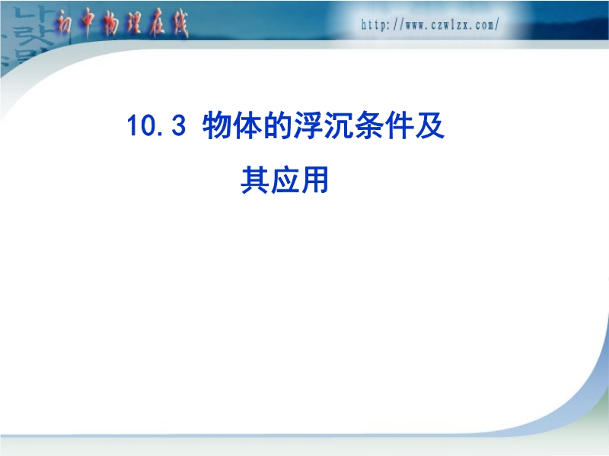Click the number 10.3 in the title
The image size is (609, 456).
(156, 125)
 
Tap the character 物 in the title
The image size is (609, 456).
(217, 125)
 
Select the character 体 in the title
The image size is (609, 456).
(247, 125)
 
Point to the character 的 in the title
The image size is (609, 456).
(277, 125)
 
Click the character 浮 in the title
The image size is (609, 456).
(308, 125)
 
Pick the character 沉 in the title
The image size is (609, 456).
(338, 125)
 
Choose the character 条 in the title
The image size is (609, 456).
(368, 125)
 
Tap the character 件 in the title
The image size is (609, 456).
(399, 125)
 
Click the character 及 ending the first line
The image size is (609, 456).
(429, 125)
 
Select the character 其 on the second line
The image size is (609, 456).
(255, 179)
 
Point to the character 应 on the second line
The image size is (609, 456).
(285, 179)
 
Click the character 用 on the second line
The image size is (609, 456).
(315, 179)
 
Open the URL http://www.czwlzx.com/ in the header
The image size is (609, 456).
(430, 25)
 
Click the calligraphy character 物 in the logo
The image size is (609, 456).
(110, 24)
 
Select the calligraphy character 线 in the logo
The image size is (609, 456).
(180, 24)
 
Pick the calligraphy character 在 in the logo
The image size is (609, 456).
(158, 24)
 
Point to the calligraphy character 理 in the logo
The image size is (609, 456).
(133, 24)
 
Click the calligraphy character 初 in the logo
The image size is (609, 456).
(64, 24)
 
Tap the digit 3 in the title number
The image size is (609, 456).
(178, 125)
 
